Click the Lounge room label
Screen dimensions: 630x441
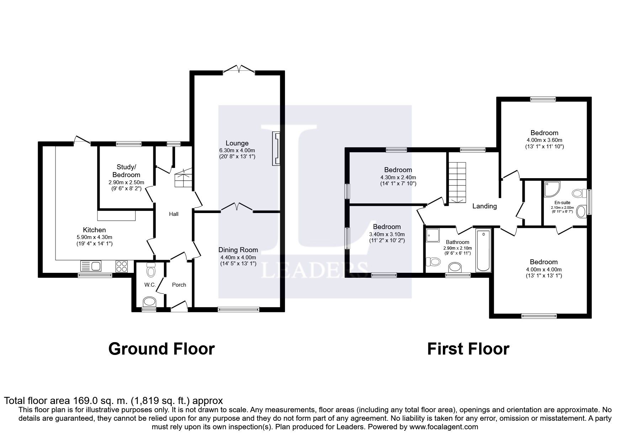pos(237,143)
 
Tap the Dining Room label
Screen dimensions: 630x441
pos(238,250)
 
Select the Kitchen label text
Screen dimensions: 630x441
pos(94,230)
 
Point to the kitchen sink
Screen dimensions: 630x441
pos(91,266)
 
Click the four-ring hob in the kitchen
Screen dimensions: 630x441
pos(122,266)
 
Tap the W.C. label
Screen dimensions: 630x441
pos(149,285)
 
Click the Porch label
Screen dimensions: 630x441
pos(179,285)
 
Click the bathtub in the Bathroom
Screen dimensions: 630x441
pos(483,251)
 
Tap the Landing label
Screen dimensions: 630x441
pos(484,206)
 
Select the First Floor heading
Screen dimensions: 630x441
pos(468,349)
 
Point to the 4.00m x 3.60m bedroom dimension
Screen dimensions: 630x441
pos(544,140)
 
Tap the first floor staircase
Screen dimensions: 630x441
pos(456,182)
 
